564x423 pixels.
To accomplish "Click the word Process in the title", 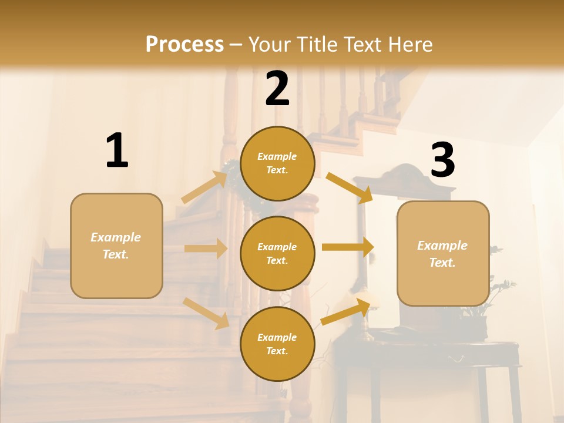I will coord(184,44).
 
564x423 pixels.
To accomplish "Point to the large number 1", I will coord(117,151).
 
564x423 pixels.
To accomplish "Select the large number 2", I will coord(277,89).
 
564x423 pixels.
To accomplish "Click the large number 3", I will coord(442,160).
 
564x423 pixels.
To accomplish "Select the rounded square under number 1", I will coord(116,246).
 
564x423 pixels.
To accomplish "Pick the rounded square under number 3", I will coord(443,253).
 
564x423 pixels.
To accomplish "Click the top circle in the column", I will coord(277,163).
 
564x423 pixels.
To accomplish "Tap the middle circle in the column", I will coord(277,253).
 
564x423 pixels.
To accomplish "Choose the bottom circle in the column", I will coord(277,344).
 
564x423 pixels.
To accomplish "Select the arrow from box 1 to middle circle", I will coord(206,249).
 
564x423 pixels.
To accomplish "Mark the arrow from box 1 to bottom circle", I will coord(206,313).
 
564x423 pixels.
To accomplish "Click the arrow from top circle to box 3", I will coord(349,187).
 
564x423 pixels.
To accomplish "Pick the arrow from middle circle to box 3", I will coord(348,247).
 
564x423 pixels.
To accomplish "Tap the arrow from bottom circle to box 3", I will coord(345,312).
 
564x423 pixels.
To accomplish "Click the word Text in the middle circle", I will coord(276,260).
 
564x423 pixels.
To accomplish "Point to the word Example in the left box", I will coord(116,237).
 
